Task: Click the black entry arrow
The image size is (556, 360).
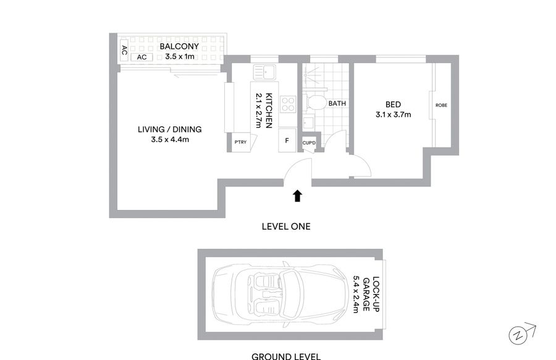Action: tap(298, 196)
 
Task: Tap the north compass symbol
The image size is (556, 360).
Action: tap(521, 333)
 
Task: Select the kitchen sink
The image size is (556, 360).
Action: tap(264, 72)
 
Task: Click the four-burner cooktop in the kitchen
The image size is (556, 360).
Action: tap(287, 104)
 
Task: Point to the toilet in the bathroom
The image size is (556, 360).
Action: tap(314, 103)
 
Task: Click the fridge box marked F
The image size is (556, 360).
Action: tap(287, 140)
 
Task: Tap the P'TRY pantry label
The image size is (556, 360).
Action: tap(240, 142)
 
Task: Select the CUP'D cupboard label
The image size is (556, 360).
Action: tap(309, 143)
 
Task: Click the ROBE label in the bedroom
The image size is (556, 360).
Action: tap(442, 105)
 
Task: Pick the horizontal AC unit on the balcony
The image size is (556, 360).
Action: tap(142, 57)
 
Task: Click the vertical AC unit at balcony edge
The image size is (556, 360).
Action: tap(124, 50)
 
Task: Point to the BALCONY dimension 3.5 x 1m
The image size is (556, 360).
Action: tap(180, 56)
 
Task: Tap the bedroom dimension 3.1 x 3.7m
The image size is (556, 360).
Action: tap(394, 114)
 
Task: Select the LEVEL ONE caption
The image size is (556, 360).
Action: tap(286, 227)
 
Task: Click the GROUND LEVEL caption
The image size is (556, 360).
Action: tap(286, 356)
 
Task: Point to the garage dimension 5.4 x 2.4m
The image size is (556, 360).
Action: tap(355, 294)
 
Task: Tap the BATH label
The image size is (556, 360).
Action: tap(337, 104)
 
